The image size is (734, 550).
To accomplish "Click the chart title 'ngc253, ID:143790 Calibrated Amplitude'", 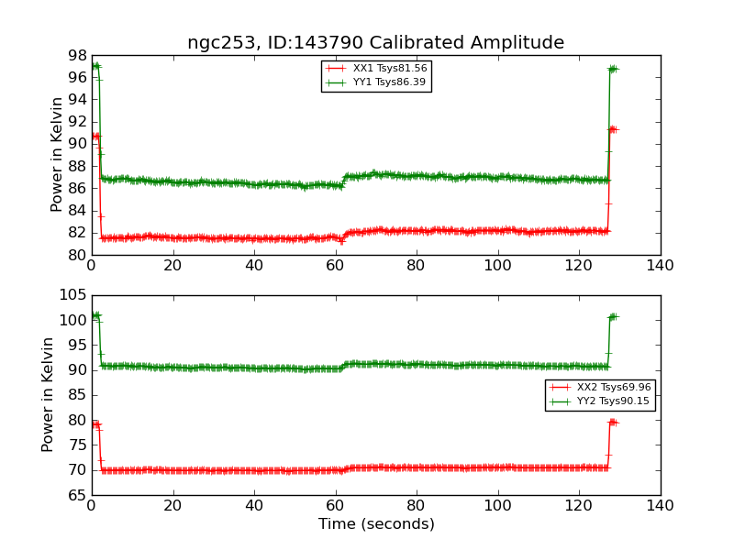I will (375, 43).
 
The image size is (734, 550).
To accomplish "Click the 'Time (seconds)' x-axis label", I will (376, 524).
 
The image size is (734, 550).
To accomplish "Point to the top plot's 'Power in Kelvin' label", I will (57, 154).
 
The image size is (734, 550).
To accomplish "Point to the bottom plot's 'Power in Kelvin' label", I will (48, 395).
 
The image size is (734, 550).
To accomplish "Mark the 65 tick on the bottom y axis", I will (73, 496).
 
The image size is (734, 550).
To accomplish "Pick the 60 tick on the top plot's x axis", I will (335, 266).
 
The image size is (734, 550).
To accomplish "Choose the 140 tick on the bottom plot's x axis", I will (660, 506).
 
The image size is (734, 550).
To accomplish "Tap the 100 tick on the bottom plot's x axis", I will (497, 506).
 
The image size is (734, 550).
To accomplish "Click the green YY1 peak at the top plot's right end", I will (612, 69).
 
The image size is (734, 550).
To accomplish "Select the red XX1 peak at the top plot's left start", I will (95, 137).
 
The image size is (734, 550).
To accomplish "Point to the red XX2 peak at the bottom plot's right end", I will (612, 422).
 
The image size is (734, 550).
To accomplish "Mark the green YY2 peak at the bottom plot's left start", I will (95, 315).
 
